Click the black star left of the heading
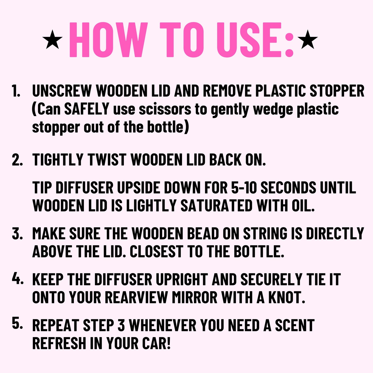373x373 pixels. coord(52,40)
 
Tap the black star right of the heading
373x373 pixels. coord(308,40)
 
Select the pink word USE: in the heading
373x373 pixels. coord(255,40)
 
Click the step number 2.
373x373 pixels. coord(17,160)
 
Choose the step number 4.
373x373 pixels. coord(17,279)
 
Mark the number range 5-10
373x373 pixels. coord(243,187)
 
